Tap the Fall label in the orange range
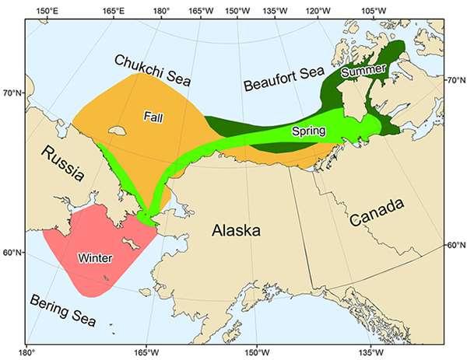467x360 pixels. coord(153,116)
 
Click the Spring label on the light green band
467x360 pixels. coord(308,131)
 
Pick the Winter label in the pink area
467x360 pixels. coord(96,257)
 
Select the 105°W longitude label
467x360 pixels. coord(374,10)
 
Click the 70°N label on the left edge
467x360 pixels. coord(11,94)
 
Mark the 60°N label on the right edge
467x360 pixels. coord(455,245)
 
